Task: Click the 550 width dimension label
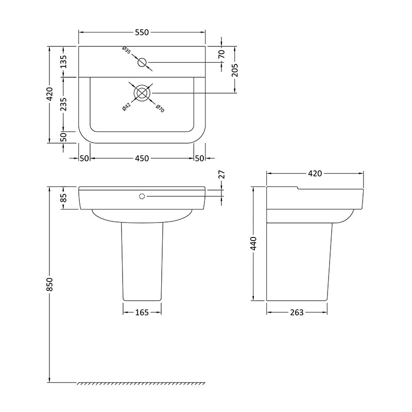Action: pyautogui.click(x=142, y=32)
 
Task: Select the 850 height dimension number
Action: pyautogui.click(x=49, y=284)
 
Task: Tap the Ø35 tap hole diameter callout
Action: pyautogui.click(x=126, y=50)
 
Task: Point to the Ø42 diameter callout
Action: pyautogui.click(x=126, y=107)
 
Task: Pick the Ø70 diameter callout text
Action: pyautogui.click(x=160, y=108)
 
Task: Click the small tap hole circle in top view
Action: pyautogui.click(x=142, y=62)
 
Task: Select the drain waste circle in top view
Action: pyautogui.click(x=142, y=93)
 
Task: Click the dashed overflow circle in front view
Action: pyautogui.click(x=142, y=196)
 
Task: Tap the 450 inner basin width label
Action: pyautogui.click(x=142, y=159)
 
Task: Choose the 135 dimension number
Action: pyautogui.click(x=63, y=62)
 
